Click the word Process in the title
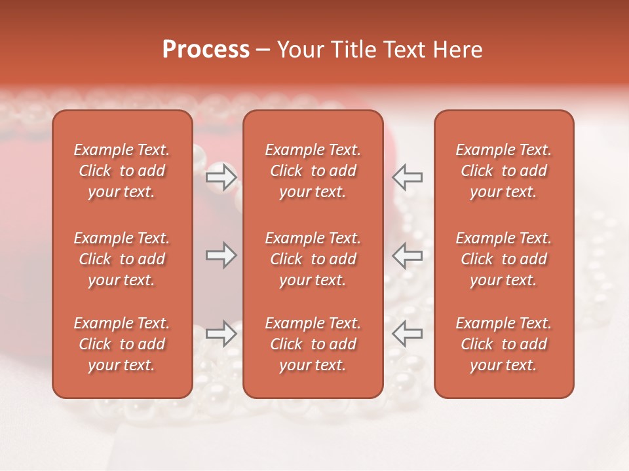pyautogui.click(x=206, y=50)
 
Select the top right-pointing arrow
pyautogui.click(x=221, y=177)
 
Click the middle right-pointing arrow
pyautogui.click(x=221, y=255)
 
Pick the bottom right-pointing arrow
pyautogui.click(x=221, y=334)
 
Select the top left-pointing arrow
pyautogui.click(x=408, y=177)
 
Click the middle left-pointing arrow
pyautogui.click(x=408, y=255)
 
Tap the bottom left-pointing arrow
pyautogui.click(x=408, y=334)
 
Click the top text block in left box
pyautogui.click(x=122, y=171)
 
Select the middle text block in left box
pyautogui.click(x=122, y=259)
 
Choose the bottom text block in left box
pyautogui.click(x=122, y=344)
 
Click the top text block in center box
pyautogui.click(x=313, y=171)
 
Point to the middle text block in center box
pyautogui.click(x=313, y=259)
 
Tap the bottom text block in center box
pyautogui.click(x=313, y=344)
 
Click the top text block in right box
pyautogui.click(x=504, y=171)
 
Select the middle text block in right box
pyautogui.click(x=504, y=259)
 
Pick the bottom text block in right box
pyautogui.click(x=504, y=344)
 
